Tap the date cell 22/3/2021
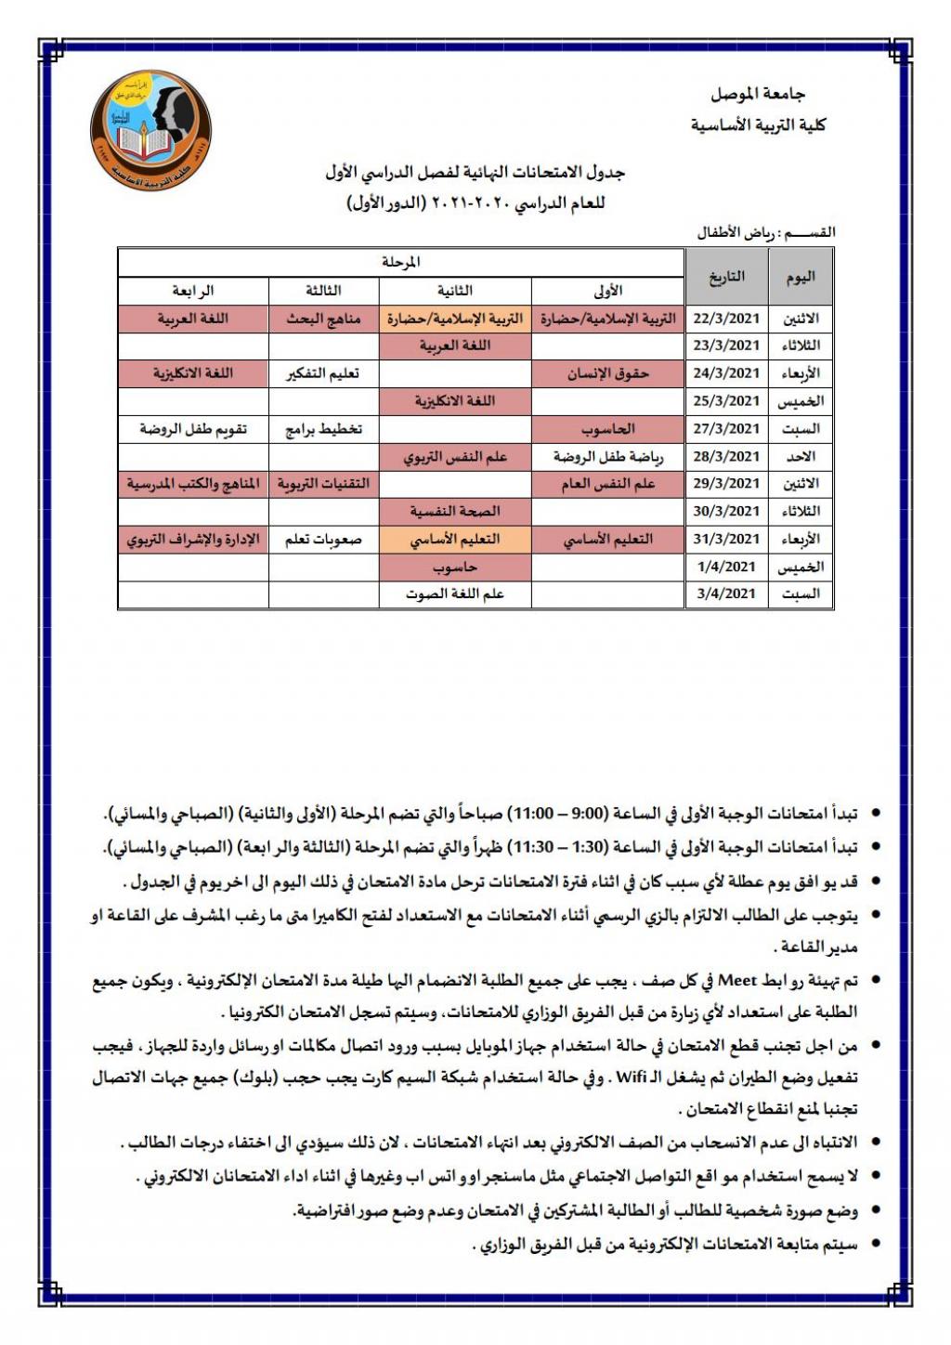click(x=727, y=319)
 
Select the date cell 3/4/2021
click(x=727, y=594)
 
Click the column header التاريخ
click(x=727, y=277)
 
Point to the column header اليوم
click(x=801, y=277)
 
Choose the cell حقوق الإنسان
click(x=608, y=373)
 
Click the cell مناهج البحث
click(x=323, y=319)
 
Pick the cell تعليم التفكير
click(x=323, y=373)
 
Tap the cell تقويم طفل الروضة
click(x=193, y=429)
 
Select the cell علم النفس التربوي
click(x=455, y=457)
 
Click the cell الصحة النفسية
click(x=455, y=512)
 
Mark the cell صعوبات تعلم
click(x=323, y=540)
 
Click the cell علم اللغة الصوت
click(x=455, y=594)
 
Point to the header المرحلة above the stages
click(x=401, y=263)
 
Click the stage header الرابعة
click(x=193, y=292)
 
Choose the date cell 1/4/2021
click(x=727, y=567)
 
